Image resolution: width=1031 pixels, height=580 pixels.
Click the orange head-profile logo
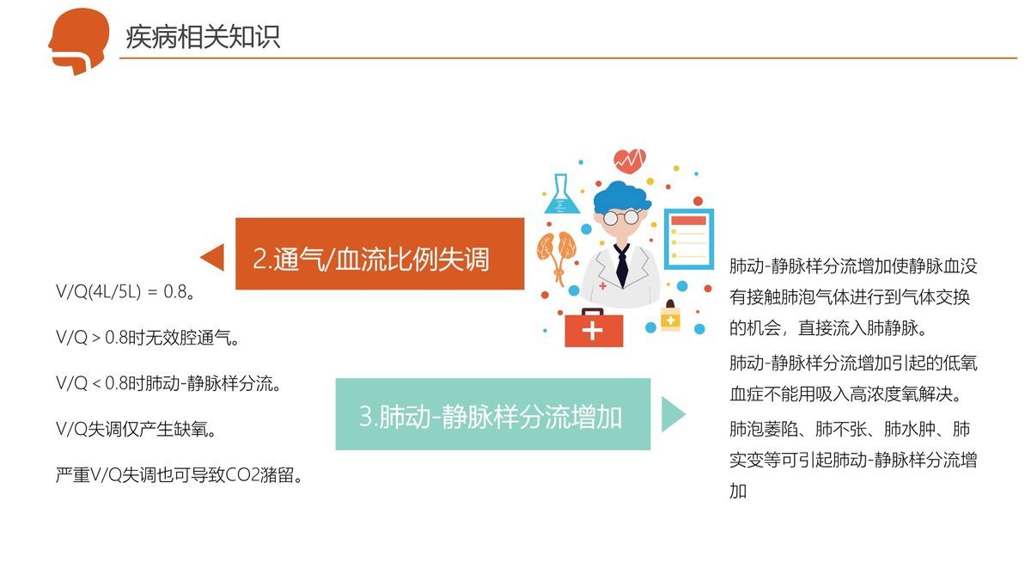tap(79, 40)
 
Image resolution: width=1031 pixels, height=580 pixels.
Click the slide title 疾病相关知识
tap(203, 37)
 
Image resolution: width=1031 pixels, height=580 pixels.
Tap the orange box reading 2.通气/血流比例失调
tap(379, 254)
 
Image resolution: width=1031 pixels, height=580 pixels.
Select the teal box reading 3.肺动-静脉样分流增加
tap(492, 415)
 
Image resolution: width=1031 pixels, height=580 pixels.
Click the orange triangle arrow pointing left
tap(213, 257)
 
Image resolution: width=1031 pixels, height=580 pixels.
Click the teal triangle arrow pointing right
tap(673, 414)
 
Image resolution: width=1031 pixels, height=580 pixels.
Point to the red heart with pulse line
tap(630, 160)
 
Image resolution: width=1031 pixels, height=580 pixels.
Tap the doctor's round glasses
tap(621, 217)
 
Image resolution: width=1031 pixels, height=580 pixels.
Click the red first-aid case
tap(594, 328)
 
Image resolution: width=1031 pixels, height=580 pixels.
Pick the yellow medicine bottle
tap(670, 316)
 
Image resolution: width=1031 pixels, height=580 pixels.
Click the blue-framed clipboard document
tap(688, 240)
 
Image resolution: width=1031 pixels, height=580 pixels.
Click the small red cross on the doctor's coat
tap(603, 285)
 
